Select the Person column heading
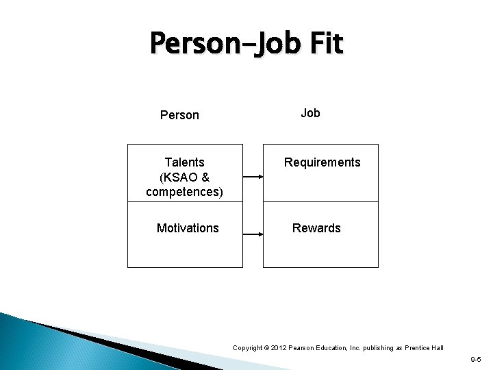pos(179,115)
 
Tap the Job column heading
pos(310,113)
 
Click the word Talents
pos(184,162)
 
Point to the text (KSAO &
pos(184,177)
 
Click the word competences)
pos(184,191)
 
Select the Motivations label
pos(188,227)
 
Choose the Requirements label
pos(322,162)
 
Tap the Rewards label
pos(316,227)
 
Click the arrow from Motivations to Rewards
pos(253,234)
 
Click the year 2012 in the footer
pos(278,348)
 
